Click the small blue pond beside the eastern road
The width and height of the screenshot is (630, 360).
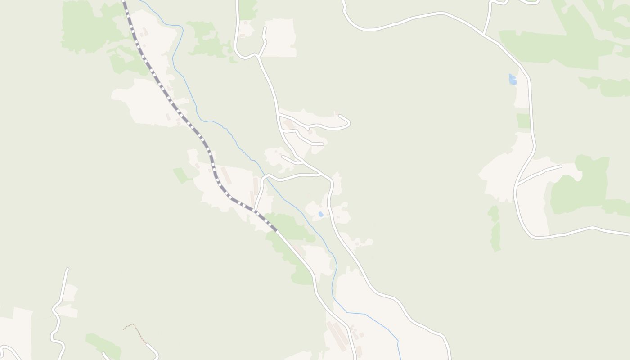[512, 80]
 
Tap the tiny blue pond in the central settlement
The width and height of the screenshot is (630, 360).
[320, 214]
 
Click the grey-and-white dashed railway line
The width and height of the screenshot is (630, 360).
[180, 112]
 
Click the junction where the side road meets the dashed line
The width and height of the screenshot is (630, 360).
[255, 210]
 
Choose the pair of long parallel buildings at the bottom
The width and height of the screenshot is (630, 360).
[337, 335]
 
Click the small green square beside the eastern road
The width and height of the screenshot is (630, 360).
[523, 121]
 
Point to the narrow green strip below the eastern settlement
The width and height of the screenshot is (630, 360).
[495, 229]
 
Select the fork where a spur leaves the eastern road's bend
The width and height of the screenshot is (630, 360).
[517, 185]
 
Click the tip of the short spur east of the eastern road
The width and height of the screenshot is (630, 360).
[561, 166]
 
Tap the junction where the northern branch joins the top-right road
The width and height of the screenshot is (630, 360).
[484, 34]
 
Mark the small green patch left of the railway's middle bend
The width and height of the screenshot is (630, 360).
[181, 175]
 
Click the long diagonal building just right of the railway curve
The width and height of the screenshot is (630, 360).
[225, 175]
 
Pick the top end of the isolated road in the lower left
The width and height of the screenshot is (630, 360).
[67, 269]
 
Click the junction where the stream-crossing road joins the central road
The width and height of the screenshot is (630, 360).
[320, 173]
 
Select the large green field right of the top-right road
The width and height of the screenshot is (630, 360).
[553, 49]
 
